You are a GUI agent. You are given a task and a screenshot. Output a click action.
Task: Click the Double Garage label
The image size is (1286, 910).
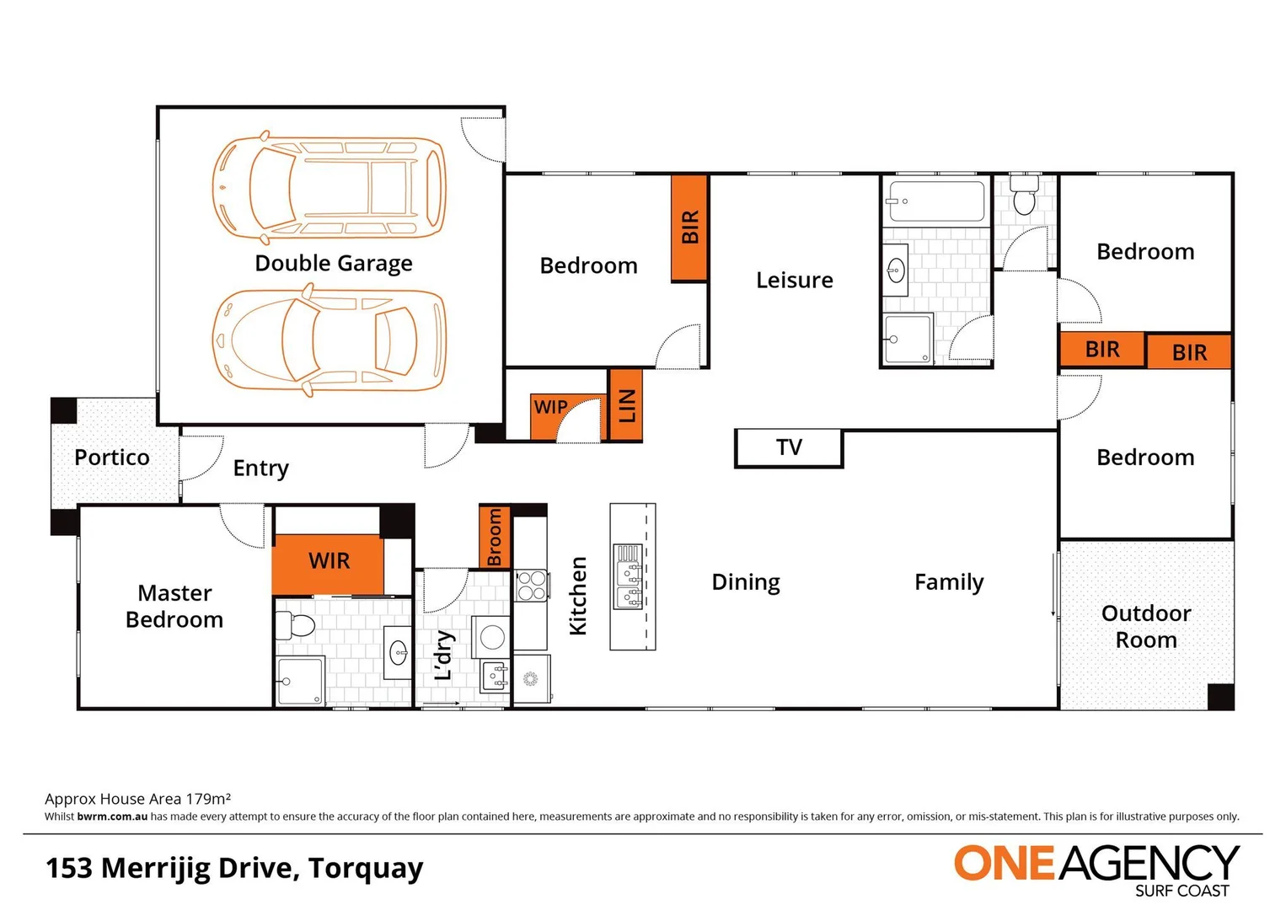(334, 264)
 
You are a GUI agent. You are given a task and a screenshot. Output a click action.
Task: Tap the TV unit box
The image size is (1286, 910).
(789, 447)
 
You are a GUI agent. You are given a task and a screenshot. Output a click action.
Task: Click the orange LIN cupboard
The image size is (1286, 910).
(626, 405)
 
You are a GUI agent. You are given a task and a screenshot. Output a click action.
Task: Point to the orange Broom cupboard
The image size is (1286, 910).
(495, 537)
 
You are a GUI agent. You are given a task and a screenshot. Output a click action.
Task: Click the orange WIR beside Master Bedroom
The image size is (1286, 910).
(329, 562)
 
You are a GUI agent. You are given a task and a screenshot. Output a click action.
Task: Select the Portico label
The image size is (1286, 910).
(112, 458)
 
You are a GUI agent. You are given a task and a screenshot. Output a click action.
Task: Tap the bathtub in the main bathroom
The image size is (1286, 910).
(935, 201)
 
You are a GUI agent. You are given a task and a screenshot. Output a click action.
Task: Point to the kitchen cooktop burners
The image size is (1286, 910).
(531, 586)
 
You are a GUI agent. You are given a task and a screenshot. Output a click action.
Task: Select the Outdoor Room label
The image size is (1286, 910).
(1146, 626)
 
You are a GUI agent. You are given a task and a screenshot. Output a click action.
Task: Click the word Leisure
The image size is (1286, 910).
(794, 281)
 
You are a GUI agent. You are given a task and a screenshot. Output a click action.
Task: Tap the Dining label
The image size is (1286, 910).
(746, 582)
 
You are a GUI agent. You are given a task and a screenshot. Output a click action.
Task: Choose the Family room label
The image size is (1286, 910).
(949, 582)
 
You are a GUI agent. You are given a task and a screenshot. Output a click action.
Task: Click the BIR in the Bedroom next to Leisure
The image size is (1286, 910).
(689, 228)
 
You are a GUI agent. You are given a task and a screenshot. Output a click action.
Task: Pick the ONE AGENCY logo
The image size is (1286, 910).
(1096, 868)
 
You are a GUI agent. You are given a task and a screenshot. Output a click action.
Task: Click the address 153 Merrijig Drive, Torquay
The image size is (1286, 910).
(234, 868)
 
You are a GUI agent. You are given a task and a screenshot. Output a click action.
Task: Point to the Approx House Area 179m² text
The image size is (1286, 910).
(137, 799)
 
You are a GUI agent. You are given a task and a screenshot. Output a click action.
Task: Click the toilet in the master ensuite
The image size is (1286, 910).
(295, 625)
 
